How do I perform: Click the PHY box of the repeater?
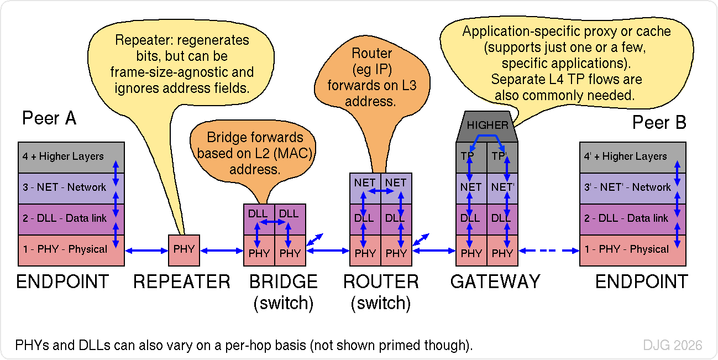(184, 250)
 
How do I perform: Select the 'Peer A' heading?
(49, 118)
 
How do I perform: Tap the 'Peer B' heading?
(659, 122)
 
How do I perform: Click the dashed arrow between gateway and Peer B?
(548, 251)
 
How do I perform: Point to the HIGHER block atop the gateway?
(487, 126)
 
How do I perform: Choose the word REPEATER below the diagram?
(181, 282)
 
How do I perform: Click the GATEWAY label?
(495, 282)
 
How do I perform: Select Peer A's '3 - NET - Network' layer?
(64, 187)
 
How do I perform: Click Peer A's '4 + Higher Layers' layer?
(63, 156)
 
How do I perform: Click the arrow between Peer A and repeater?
(146, 251)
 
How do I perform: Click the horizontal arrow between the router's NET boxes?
(380, 191)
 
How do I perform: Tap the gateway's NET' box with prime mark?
(502, 187)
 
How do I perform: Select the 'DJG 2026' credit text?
(672, 346)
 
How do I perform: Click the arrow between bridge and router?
(328, 251)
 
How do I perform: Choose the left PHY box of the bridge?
(259, 253)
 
